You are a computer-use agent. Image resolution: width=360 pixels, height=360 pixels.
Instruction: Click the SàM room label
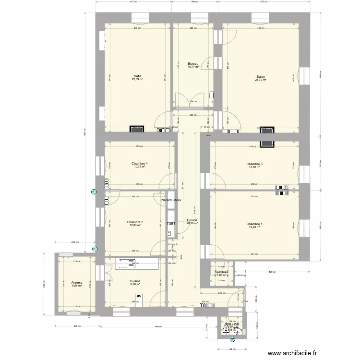pyautogui.click(x=137, y=76)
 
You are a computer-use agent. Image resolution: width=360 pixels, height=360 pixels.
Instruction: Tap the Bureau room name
pyautogui.click(x=192, y=63)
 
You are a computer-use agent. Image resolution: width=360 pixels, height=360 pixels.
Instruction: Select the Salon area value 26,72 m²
pyautogui.click(x=261, y=80)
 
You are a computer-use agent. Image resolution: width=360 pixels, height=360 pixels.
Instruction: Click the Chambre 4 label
pyautogui.click(x=139, y=164)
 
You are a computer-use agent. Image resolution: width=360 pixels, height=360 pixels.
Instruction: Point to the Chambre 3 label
pyautogui.click(x=254, y=164)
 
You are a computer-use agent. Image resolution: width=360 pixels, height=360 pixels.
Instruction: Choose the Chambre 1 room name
pyautogui.click(x=254, y=224)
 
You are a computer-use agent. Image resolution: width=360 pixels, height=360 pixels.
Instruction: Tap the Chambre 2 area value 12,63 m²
pyautogui.click(x=135, y=226)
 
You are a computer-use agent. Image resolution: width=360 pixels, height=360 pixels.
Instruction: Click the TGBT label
pyautogui.click(x=171, y=224)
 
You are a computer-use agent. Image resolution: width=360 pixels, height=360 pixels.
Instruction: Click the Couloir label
pyautogui.click(x=192, y=220)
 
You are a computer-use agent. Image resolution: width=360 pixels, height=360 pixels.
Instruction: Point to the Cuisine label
pyautogui.click(x=135, y=281)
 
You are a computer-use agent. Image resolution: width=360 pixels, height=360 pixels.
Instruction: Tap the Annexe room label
pyautogui.click(x=76, y=283)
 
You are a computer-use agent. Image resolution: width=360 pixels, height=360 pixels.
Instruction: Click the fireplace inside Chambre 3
pyautogui.click(x=266, y=144)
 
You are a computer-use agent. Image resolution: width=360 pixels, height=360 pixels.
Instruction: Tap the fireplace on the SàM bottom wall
pyautogui.click(x=136, y=129)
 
